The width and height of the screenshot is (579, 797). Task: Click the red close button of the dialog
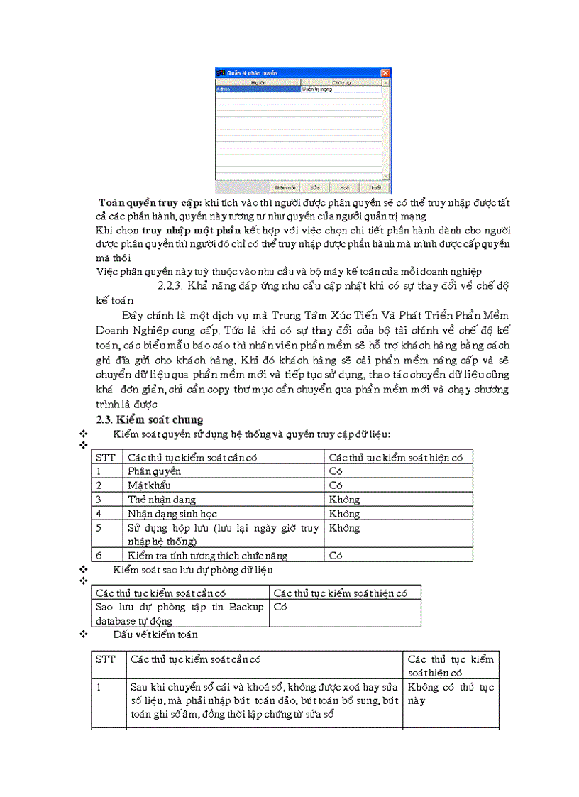[x=385, y=73]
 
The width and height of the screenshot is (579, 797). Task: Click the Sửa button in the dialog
[x=314, y=188]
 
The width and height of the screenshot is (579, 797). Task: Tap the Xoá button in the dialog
[x=344, y=188]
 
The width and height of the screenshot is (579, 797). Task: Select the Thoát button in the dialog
[x=374, y=188]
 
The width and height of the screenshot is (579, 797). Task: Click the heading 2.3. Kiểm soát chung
[x=150, y=419]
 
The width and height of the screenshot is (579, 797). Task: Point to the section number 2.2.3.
[x=170, y=285]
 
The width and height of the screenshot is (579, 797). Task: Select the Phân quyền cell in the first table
[x=154, y=471]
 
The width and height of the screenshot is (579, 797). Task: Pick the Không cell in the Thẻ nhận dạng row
[x=344, y=500]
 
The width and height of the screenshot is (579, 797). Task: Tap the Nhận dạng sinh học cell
[x=172, y=514]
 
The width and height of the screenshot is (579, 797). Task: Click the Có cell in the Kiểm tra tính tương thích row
[x=336, y=556]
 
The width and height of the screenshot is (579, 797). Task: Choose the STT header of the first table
[x=106, y=457]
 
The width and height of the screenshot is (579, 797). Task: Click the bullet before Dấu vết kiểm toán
[x=84, y=634]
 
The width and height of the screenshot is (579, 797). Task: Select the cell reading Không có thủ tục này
[x=450, y=693]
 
